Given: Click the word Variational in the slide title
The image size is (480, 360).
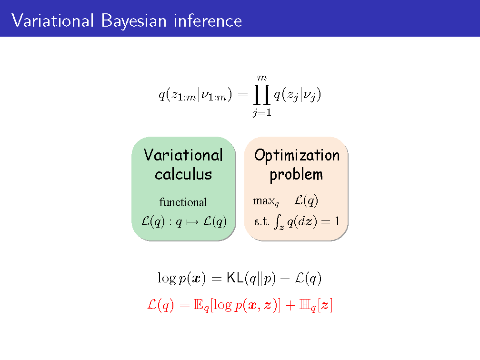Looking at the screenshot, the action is tap(53, 21).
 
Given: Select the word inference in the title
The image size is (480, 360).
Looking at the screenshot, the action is tap(208, 21).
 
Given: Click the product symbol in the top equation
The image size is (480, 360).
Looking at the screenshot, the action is tap(262, 95).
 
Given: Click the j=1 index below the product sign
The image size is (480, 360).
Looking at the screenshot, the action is tap(262, 113).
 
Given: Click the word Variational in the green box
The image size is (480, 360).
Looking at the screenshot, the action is tap(183, 155).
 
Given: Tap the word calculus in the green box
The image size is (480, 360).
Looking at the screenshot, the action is tap(183, 174).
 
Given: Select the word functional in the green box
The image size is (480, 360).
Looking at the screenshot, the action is tap(183, 202).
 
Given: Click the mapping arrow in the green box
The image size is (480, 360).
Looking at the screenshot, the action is tap(192, 222).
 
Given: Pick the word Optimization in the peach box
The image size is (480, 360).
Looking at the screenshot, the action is tap(297, 156).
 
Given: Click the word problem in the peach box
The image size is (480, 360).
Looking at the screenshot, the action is tap(296, 175).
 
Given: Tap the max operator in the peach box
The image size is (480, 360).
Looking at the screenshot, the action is tap(265, 201).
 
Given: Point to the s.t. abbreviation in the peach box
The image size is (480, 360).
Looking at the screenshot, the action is tap(262, 221).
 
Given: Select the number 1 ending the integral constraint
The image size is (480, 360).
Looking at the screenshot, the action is tap(337, 221).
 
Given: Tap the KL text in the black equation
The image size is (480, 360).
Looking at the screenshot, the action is tap(235, 278).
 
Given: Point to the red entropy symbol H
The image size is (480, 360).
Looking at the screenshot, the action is tap(304, 305).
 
